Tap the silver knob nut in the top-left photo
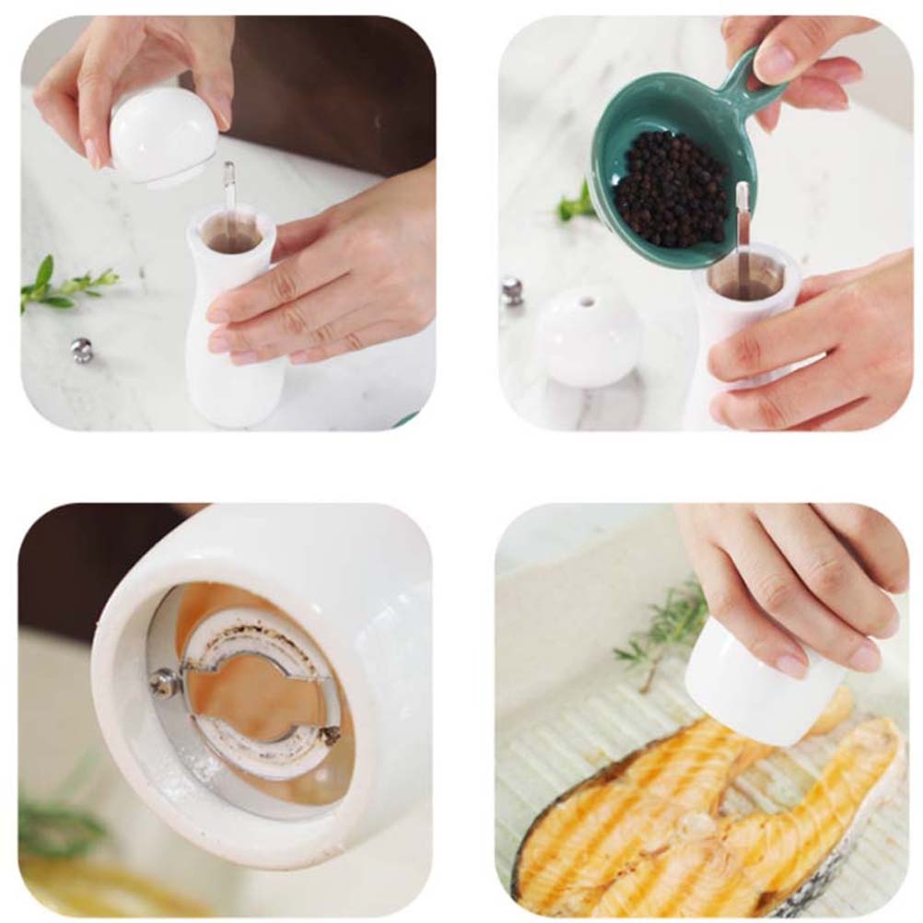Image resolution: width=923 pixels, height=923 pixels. (82, 349)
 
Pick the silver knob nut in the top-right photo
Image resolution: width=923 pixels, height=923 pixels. (512, 290)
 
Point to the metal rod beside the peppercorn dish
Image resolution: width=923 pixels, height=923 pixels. (742, 230)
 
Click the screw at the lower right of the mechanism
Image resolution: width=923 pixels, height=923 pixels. (329, 734)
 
